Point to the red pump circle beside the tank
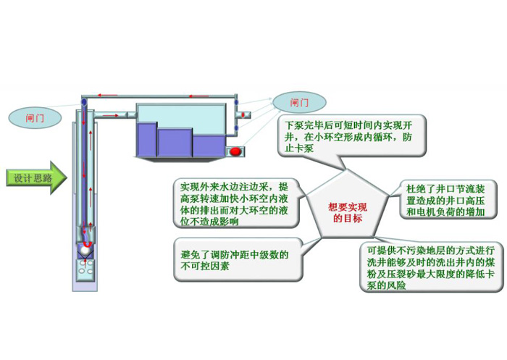click(x=236, y=151)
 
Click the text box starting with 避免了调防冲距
click(x=236, y=259)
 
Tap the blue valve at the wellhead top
click(x=85, y=102)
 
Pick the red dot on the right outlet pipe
click(x=243, y=114)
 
